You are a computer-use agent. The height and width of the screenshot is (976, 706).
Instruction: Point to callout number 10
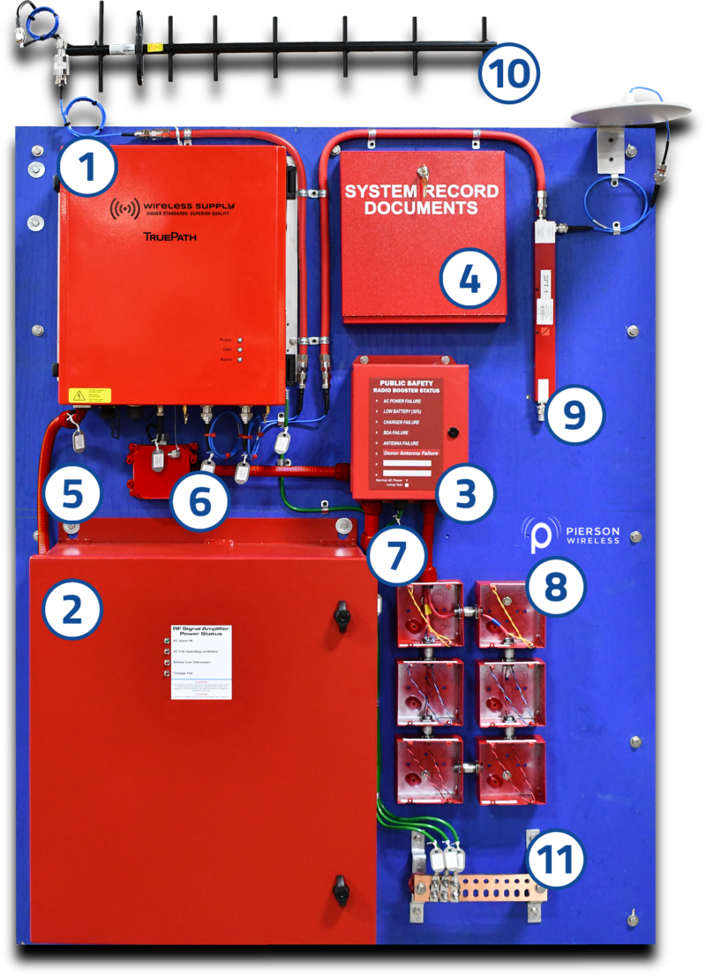[507, 73]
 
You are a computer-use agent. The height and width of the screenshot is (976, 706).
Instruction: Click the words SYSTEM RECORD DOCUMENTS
[421, 199]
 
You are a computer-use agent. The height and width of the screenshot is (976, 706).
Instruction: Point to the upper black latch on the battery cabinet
[342, 616]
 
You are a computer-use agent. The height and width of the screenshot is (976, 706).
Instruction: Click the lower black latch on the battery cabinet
[342, 890]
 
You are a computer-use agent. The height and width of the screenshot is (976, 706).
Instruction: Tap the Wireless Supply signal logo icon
[125, 209]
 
